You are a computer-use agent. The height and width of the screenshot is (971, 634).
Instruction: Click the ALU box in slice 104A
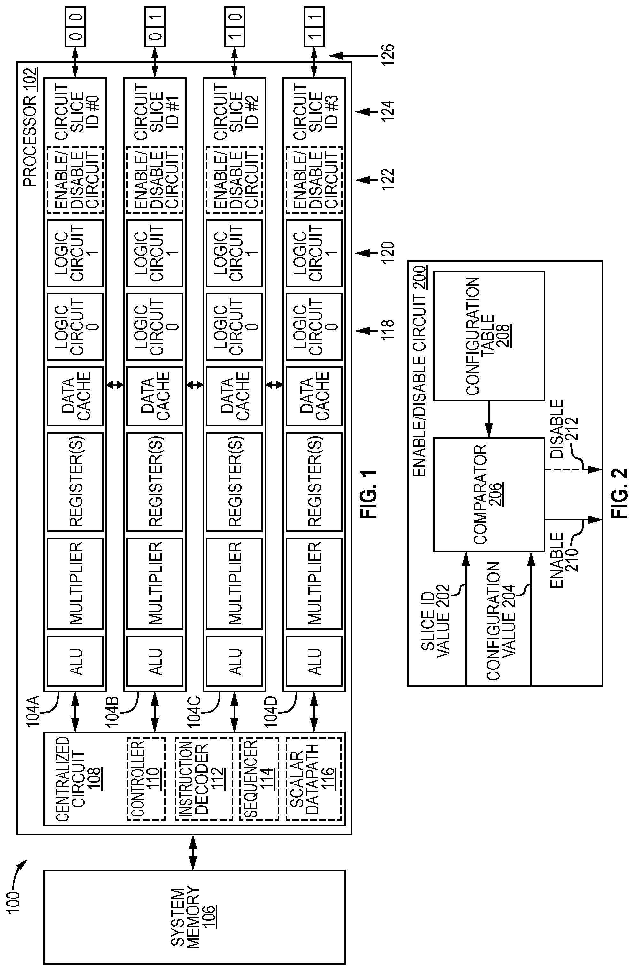(75, 661)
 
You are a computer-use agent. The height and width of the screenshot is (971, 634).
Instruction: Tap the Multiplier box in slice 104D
(314, 584)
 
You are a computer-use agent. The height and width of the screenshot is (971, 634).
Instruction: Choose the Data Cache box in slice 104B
(154, 396)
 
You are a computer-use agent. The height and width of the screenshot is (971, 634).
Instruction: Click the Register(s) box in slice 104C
(234, 482)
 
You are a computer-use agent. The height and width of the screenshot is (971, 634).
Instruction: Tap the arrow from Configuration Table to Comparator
(489, 419)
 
